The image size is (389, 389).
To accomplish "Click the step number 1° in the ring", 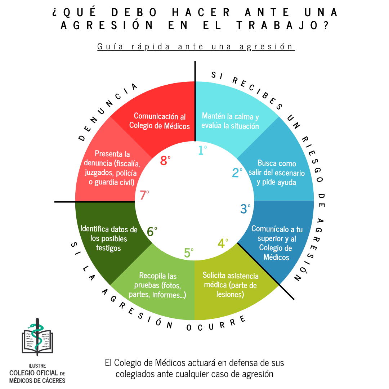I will click(x=203, y=149).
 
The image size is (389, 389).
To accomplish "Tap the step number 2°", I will click(x=237, y=173).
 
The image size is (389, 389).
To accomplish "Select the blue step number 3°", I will click(x=246, y=208).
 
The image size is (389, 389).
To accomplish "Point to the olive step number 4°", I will click(x=223, y=243).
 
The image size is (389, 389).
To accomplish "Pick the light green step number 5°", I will click(x=189, y=252).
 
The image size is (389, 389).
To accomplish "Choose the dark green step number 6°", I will click(x=152, y=231).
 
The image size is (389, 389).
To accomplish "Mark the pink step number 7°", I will click(x=144, y=195).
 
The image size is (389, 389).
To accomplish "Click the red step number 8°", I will click(x=165, y=160).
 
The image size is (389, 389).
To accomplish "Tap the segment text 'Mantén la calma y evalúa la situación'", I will click(x=230, y=121).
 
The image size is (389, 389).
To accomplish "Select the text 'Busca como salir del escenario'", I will click(x=277, y=168).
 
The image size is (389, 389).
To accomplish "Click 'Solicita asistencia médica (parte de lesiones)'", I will click(x=231, y=285).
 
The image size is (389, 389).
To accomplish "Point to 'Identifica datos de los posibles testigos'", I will click(x=108, y=238).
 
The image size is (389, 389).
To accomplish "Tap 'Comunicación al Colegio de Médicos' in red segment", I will click(x=160, y=121).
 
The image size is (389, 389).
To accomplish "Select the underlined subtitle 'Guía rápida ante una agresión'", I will click(x=196, y=47).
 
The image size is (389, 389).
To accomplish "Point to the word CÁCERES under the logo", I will click(x=52, y=380).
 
